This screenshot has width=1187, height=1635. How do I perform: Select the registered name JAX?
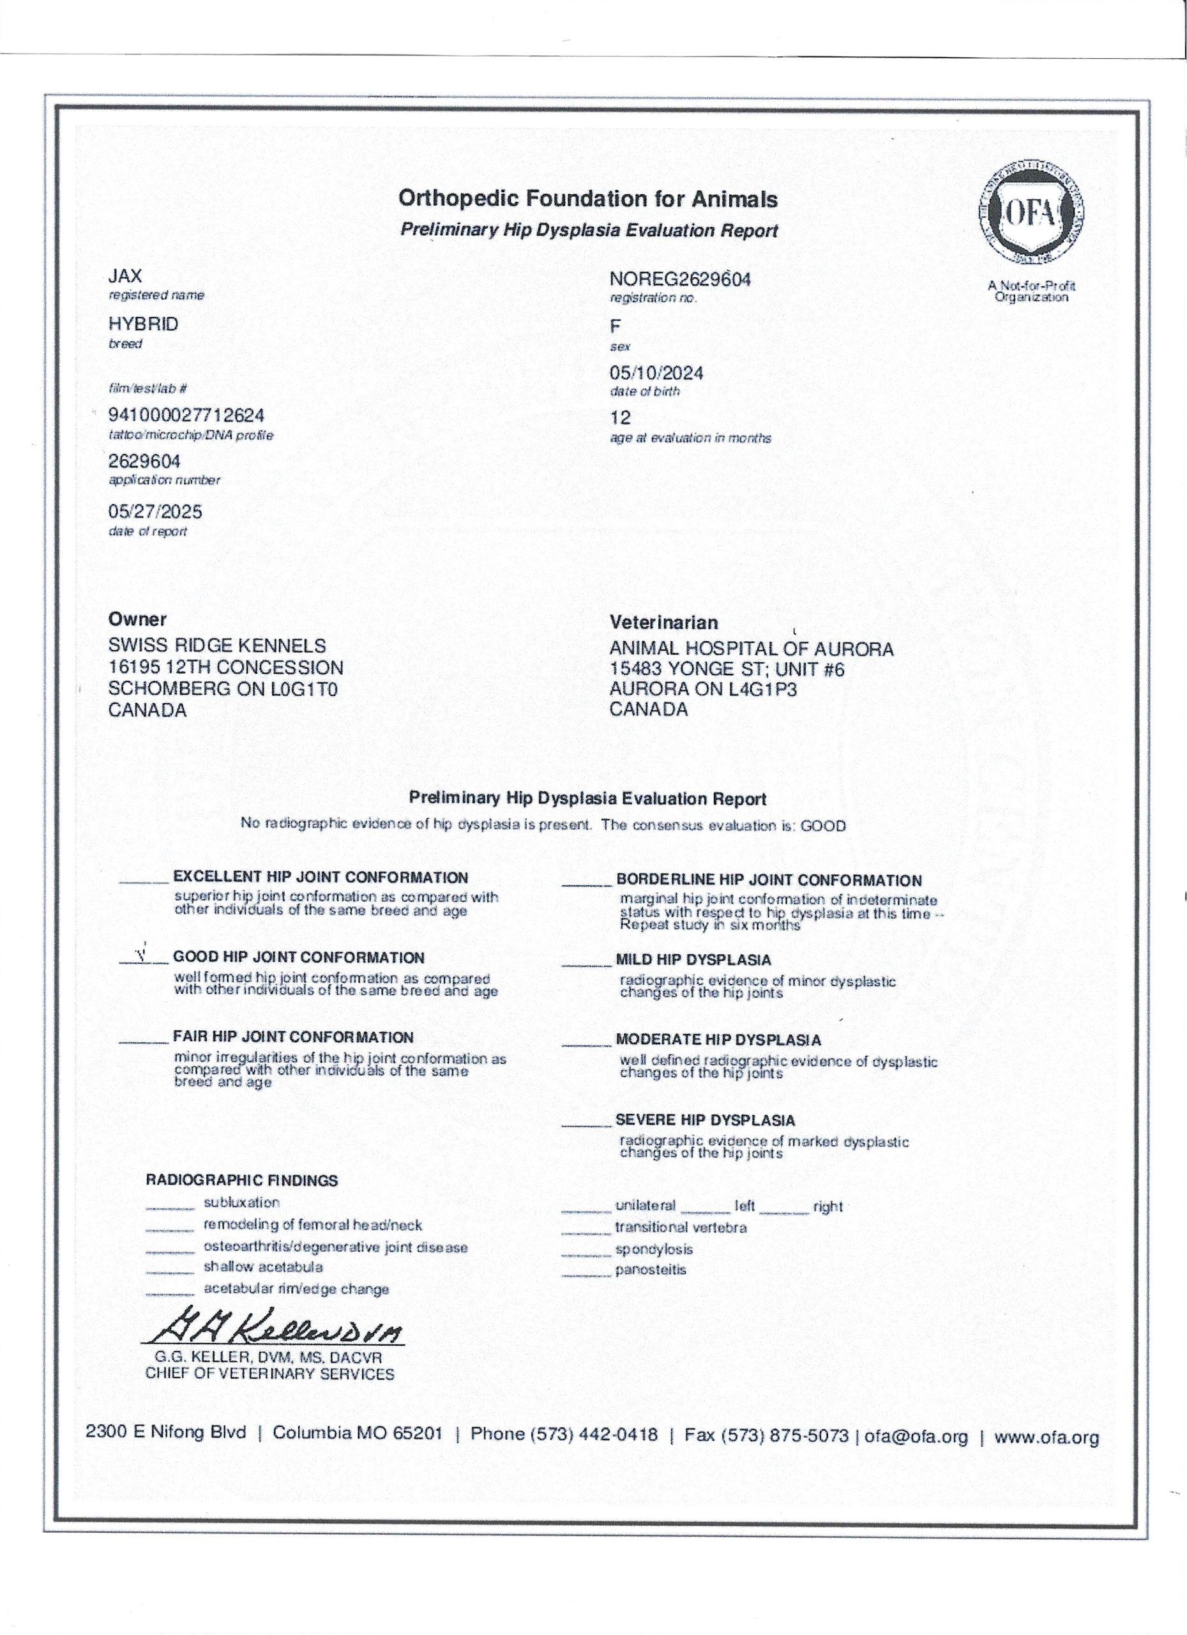pos(125,276)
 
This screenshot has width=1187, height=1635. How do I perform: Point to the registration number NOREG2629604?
pos(679,280)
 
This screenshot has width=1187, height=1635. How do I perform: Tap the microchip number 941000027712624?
pos(186,415)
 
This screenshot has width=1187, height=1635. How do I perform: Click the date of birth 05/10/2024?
pos(656,374)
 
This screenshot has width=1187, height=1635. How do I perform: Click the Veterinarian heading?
pos(663,623)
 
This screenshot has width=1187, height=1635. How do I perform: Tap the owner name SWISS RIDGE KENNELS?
pos(216,646)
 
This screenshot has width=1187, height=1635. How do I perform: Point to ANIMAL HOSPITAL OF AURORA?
pos(751,650)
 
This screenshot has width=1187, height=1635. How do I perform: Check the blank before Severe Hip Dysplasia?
pos(586,1124)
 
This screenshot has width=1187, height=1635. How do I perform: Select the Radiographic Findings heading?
pos(241,1181)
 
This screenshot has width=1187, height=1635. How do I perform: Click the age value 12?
pos(620,418)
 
